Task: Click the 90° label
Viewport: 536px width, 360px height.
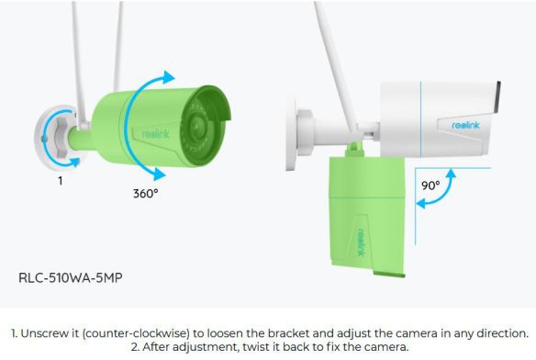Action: click(429, 185)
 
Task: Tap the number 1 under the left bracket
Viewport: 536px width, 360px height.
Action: click(60, 181)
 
